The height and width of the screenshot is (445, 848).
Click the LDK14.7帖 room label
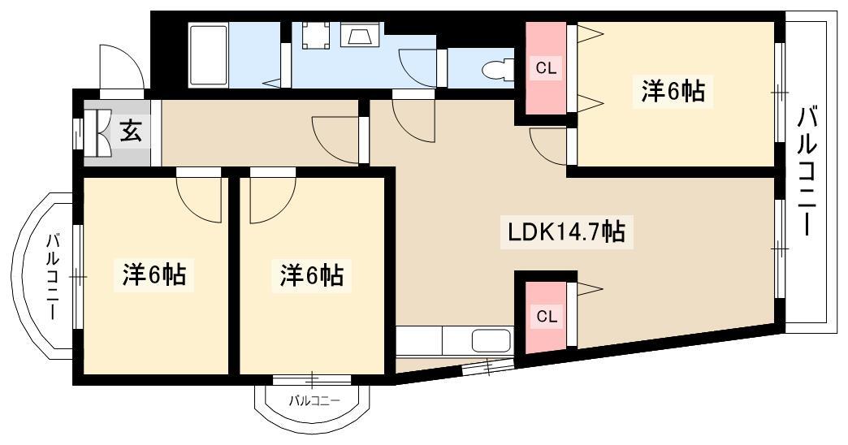(566, 232)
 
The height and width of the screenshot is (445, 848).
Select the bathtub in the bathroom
(208, 54)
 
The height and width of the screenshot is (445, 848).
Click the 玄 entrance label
(130, 131)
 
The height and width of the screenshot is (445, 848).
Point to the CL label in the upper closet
(546, 69)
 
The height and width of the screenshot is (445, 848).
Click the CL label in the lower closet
(546, 317)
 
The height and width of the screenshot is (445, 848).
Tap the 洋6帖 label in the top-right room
(673, 90)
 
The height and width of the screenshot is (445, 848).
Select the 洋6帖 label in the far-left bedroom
(154, 274)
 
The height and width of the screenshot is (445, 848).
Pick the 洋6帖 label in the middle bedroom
(312, 274)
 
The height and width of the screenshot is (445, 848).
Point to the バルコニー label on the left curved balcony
(53, 276)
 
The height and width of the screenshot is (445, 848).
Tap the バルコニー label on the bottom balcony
(314, 400)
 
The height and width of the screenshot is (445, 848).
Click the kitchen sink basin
(491, 341)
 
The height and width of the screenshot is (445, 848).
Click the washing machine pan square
(315, 35)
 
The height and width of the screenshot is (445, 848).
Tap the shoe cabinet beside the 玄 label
(97, 132)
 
